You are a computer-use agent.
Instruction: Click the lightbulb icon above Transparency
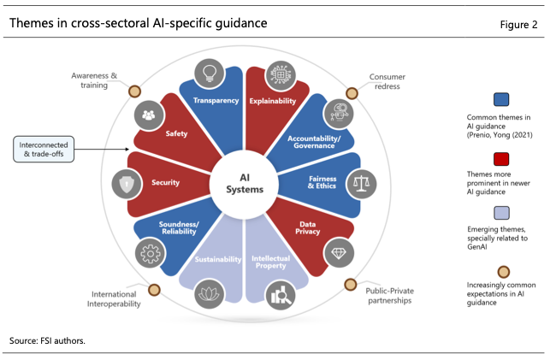pos(210,74)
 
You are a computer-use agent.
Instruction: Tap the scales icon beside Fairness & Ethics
pos(361,184)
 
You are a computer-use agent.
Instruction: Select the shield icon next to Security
pos(127,184)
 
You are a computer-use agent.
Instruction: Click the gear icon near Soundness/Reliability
pos(151,253)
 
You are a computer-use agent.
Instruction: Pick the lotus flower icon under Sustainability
pos(210,294)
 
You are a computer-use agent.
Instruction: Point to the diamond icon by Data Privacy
pos(339,253)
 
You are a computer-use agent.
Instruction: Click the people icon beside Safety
pos(149,115)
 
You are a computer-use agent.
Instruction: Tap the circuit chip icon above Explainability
pos(281,75)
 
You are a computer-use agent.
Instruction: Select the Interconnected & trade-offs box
pos(44,150)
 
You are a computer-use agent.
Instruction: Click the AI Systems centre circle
pos(244,184)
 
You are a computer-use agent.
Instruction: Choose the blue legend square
pos(501,99)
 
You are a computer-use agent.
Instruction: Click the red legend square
pos(501,159)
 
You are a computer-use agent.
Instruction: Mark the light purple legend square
pos(501,213)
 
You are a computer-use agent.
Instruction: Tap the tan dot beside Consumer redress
pos(352,93)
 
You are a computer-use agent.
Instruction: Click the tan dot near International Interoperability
pos(154,290)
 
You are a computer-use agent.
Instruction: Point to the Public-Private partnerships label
pos(390,296)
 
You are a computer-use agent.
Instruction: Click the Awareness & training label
pos(94,80)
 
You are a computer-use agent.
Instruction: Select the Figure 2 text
pos(518,25)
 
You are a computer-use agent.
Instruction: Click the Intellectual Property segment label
pos(271,262)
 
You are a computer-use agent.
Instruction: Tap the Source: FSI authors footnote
pos(47,340)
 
